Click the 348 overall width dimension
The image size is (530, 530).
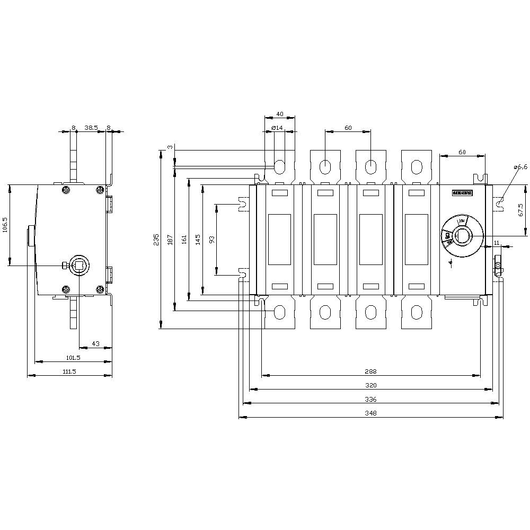point(370,412)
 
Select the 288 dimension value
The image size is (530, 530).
point(370,372)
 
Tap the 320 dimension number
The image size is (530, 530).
point(370,385)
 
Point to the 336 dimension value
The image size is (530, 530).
point(370,399)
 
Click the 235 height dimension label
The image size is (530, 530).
point(156,240)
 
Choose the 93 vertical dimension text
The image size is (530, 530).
point(212,240)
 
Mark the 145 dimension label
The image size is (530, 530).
point(198,240)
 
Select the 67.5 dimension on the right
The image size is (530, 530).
point(520,210)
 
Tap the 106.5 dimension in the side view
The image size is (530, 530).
point(5,225)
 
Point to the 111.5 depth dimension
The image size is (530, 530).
point(69,372)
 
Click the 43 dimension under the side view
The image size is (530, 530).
point(95,344)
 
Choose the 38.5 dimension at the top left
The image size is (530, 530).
point(91,127)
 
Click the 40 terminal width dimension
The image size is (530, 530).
point(279,114)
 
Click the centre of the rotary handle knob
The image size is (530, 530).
point(462,235)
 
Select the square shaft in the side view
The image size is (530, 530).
point(79,265)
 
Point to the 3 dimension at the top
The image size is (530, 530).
point(170,147)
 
